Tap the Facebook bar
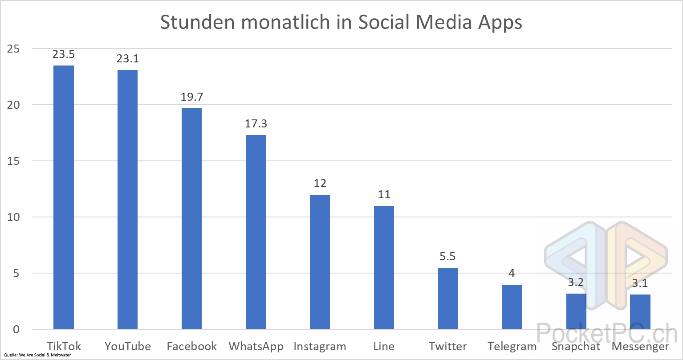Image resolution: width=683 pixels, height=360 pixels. coord(191,219)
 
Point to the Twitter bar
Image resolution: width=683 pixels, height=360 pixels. coord(448,299)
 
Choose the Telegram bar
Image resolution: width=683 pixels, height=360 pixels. coord(512,307)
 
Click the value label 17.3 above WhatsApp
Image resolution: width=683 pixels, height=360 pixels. coord(256,123)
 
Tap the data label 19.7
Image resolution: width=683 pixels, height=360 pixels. coord(191,97)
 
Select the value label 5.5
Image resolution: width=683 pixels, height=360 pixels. coord(448,257)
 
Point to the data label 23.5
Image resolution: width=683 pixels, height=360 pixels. coord(64,54)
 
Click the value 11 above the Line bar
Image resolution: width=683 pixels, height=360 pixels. coord(384,194)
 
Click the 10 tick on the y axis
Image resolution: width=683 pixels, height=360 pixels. coord(13,217)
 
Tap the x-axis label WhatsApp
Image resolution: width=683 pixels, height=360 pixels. coord(256,347)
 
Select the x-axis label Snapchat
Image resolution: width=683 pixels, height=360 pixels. coord(576,347)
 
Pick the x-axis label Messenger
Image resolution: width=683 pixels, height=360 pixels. coord(640,347)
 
